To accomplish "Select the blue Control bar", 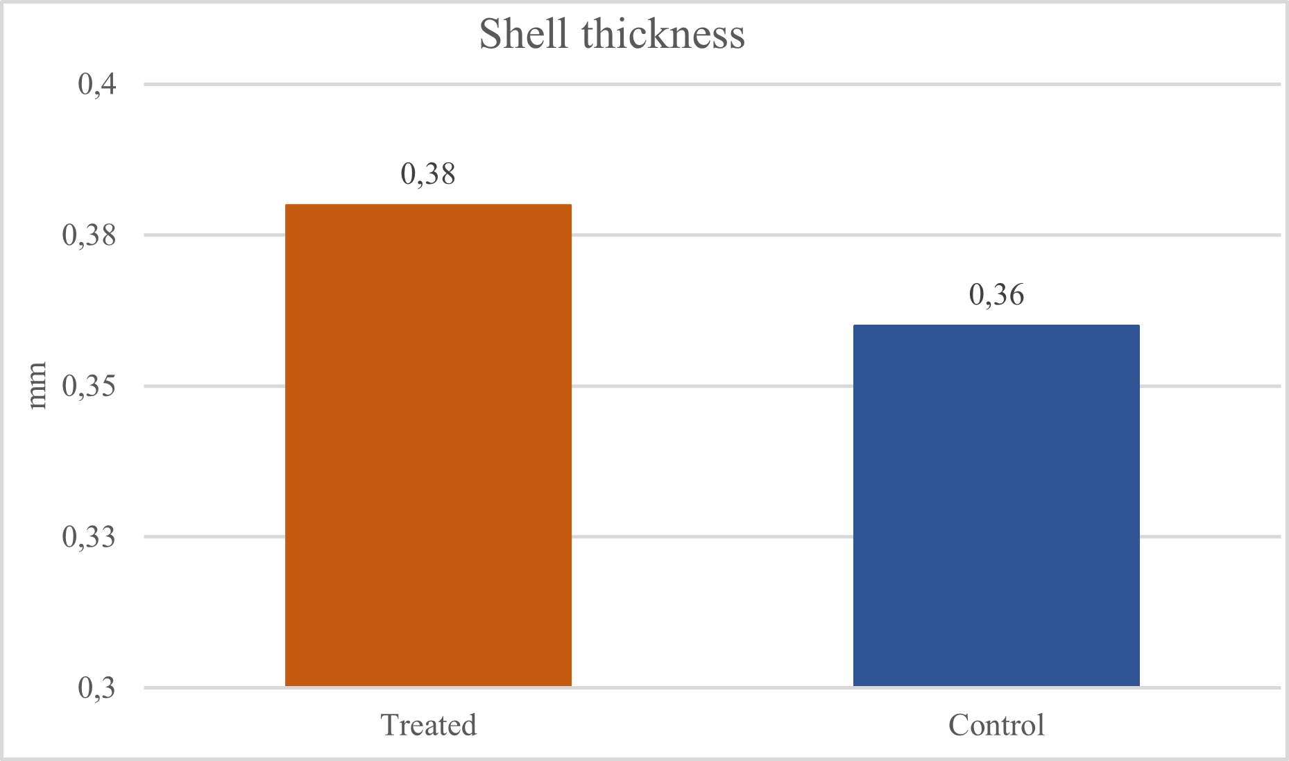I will pyautogui.click(x=996, y=506).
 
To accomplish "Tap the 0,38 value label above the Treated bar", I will pyautogui.click(x=428, y=174).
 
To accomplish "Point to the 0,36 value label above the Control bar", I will pyautogui.click(x=996, y=296).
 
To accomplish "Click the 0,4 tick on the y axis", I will pyautogui.click(x=97, y=85).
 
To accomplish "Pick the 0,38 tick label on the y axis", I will pyautogui.click(x=89, y=235).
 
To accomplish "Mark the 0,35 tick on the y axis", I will pyautogui.click(x=89, y=386).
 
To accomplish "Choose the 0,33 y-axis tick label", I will pyautogui.click(x=89, y=537).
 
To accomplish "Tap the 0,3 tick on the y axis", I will pyautogui.click(x=97, y=688).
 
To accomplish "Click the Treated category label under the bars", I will pyautogui.click(x=429, y=726).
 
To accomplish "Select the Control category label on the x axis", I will pyautogui.click(x=996, y=726).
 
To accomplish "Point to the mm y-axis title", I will pyautogui.click(x=37, y=386).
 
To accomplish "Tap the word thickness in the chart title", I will pyautogui.click(x=663, y=33).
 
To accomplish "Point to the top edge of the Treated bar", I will pyautogui.click(x=428, y=205).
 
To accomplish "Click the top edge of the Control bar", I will pyautogui.click(x=996, y=325).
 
